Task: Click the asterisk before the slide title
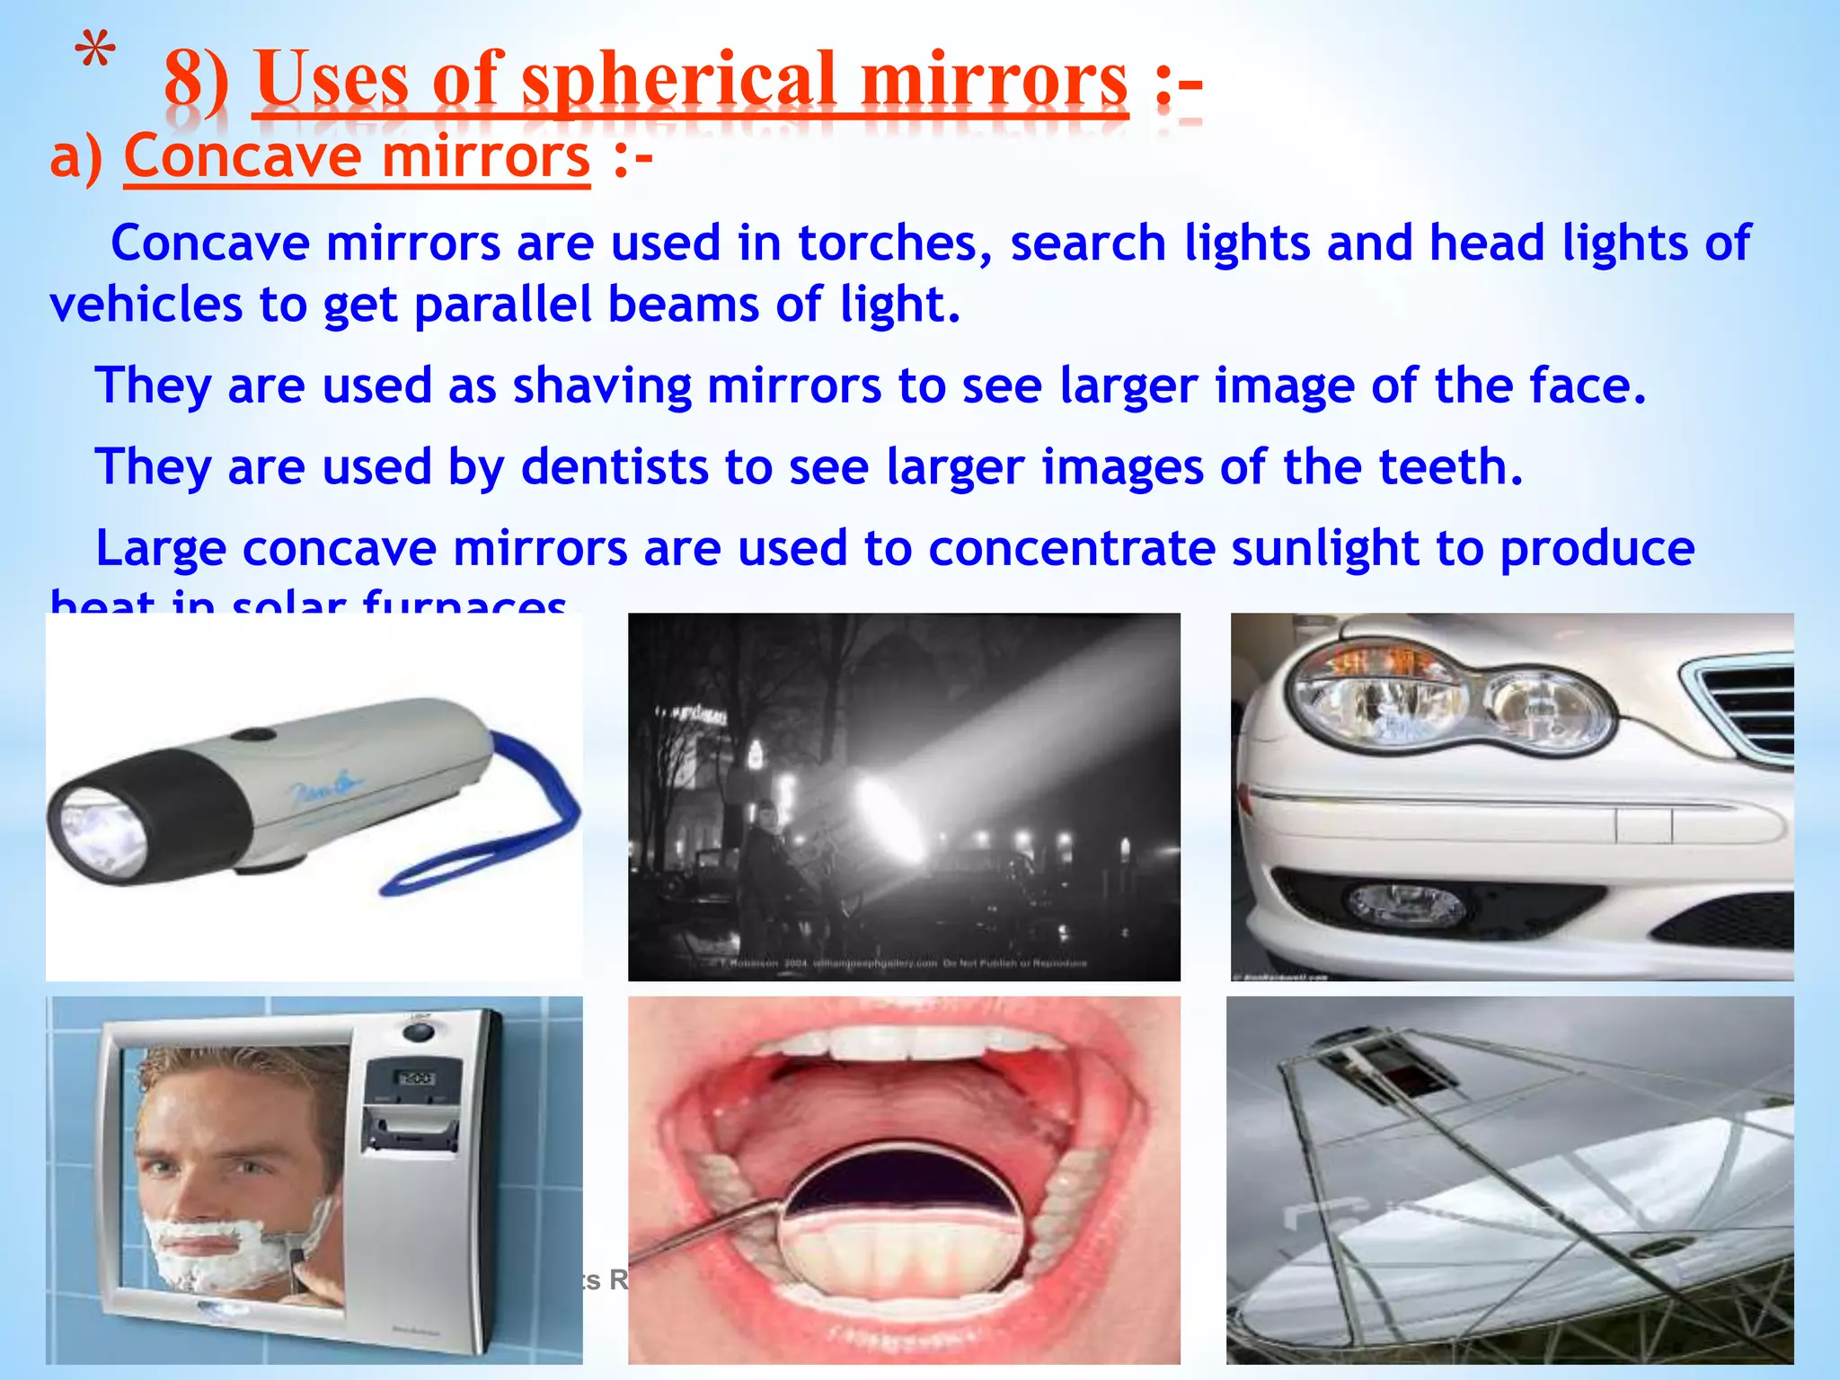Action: click(94, 52)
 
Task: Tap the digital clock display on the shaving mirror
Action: click(415, 1078)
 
